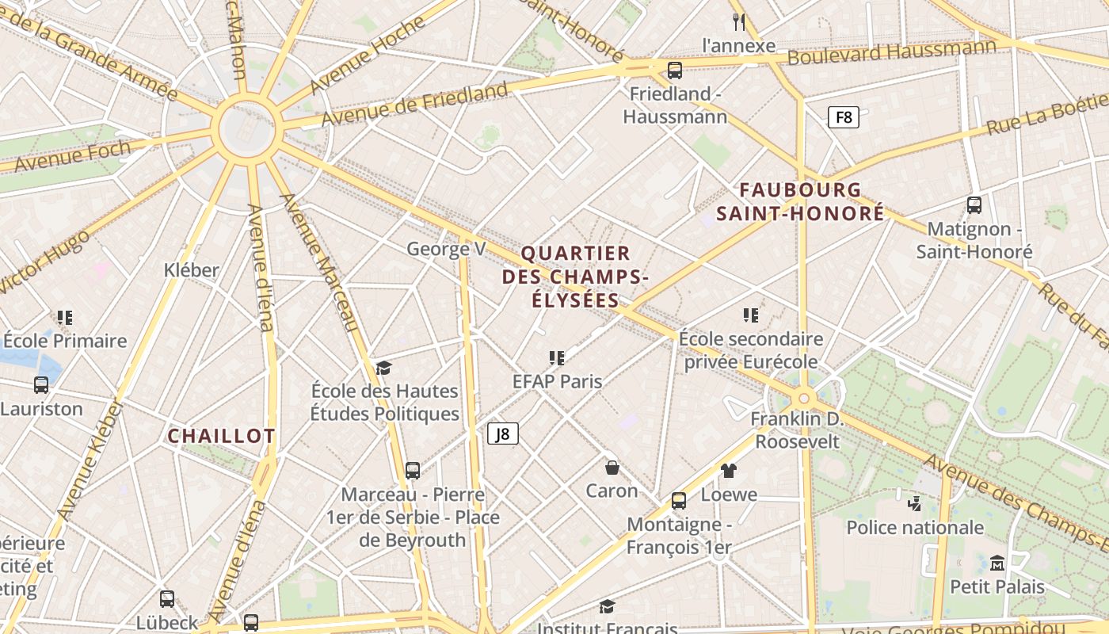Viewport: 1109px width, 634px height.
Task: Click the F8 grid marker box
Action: pyautogui.click(x=844, y=118)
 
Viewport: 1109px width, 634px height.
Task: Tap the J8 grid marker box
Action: pyautogui.click(x=503, y=433)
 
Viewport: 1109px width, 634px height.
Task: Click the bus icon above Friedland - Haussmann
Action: pyautogui.click(x=675, y=71)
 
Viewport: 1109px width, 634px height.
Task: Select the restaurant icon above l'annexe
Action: pyautogui.click(x=740, y=21)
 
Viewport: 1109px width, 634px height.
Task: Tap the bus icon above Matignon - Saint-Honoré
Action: pyautogui.click(x=974, y=204)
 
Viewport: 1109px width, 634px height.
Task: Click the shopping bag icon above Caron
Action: pyautogui.click(x=612, y=467)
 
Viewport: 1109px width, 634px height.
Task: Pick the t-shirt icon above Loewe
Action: pyautogui.click(x=729, y=470)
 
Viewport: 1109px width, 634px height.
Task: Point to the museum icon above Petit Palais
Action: pyautogui.click(x=997, y=563)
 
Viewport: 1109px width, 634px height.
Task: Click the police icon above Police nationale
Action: pyautogui.click(x=914, y=503)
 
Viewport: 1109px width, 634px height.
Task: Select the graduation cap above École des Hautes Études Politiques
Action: pyautogui.click(x=384, y=368)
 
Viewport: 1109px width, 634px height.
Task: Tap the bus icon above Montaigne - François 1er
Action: pyautogui.click(x=679, y=500)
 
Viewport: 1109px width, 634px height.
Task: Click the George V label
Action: pyautogui.click(x=446, y=249)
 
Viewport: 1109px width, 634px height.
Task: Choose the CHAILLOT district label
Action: pyautogui.click(x=221, y=436)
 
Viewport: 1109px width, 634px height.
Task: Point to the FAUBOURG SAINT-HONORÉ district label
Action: pyautogui.click(x=800, y=201)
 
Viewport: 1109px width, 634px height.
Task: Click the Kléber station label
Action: pyautogui.click(x=191, y=270)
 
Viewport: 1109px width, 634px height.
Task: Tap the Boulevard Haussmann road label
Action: pyautogui.click(x=891, y=53)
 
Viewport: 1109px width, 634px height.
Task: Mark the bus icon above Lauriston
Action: pyautogui.click(x=41, y=385)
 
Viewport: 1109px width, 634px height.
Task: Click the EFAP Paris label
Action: pyautogui.click(x=557, y=381)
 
